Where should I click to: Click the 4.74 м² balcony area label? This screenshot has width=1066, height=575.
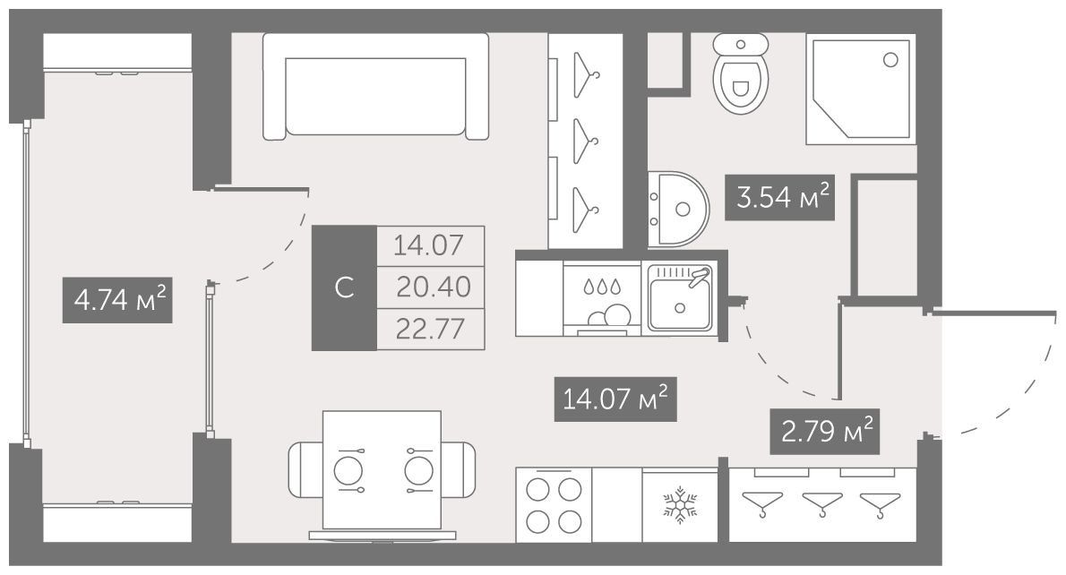[x=117, y=300]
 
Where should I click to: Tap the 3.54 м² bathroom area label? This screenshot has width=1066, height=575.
[x=779, y=198]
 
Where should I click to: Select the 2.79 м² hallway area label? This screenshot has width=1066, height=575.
[x=825, y=432]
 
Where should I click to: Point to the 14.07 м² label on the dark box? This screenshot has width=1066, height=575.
[x=615, y=399]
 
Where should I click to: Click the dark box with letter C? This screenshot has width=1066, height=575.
[x=344, y=287]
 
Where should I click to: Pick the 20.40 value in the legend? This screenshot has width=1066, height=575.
[x=433, y=287]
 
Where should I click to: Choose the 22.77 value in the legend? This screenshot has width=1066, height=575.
[x=430, y=330]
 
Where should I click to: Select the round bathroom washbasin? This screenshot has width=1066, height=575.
[x=678, y=209]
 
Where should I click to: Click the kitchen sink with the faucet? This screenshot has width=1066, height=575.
[x=680, y=298]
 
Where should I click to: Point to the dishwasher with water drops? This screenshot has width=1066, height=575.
[x=602, y=300]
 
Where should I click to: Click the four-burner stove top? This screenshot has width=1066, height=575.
[x=554, y=505]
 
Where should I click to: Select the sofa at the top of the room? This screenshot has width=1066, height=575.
[x=376, y=86]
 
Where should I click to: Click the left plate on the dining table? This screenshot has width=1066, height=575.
[x=348, y=470]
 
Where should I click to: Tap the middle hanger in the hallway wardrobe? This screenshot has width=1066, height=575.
[x=822, y=505]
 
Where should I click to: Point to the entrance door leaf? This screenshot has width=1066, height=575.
[x=994, y=313]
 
